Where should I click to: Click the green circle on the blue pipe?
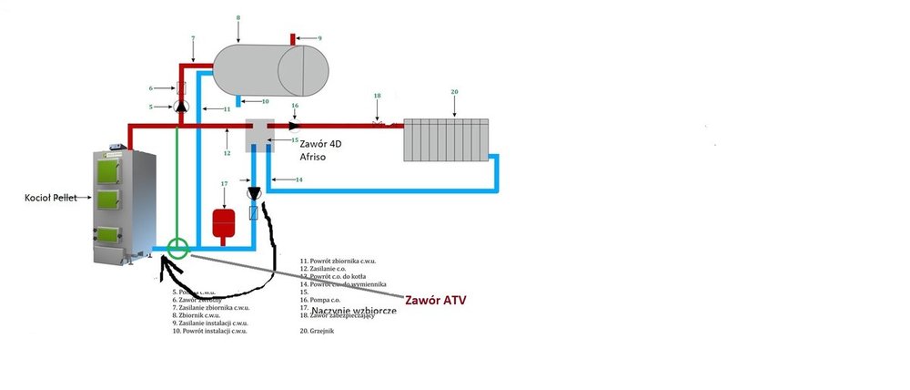177,247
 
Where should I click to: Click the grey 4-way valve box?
262,134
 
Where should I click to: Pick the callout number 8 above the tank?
238,17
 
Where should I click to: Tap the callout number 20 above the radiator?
454,92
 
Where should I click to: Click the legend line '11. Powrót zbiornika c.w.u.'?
338,261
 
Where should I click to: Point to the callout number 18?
377,96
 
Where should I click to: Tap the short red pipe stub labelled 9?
293,38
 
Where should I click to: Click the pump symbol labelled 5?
180,107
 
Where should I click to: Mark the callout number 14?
298,180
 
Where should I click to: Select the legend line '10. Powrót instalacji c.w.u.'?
210,331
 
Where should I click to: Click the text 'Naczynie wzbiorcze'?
353,312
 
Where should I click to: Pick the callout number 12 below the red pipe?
227,152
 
